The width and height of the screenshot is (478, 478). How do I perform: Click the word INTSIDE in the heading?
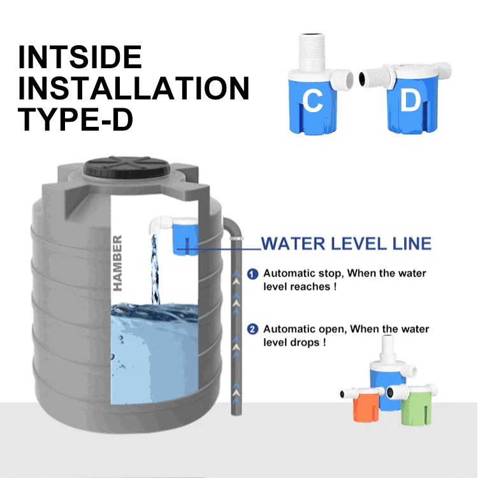coord(80,57)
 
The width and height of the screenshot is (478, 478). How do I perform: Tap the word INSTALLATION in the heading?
coord(133,88)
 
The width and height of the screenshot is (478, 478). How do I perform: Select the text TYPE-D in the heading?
coord(75,119)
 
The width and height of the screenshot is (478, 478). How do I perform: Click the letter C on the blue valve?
coord(312,101)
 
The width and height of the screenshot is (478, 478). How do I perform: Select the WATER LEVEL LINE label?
coord(346,243)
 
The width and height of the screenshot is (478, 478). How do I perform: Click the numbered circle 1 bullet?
coord(252,273)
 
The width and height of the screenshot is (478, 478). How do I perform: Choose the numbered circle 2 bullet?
coord(252,330)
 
